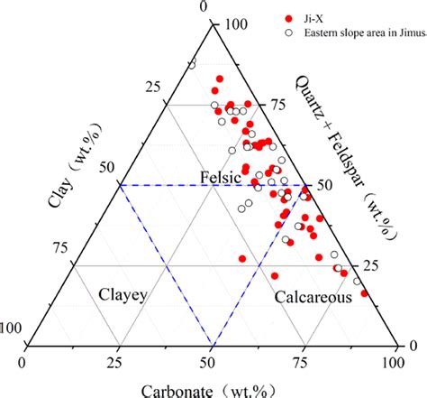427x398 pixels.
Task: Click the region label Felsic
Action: click(220, 178)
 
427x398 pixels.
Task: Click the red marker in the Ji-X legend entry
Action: click(288, 18)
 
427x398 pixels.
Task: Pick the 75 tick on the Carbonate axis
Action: click(304, 362)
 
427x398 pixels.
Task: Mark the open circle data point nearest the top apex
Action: click(192, 64)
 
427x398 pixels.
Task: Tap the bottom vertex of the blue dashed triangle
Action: click(212, 345)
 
